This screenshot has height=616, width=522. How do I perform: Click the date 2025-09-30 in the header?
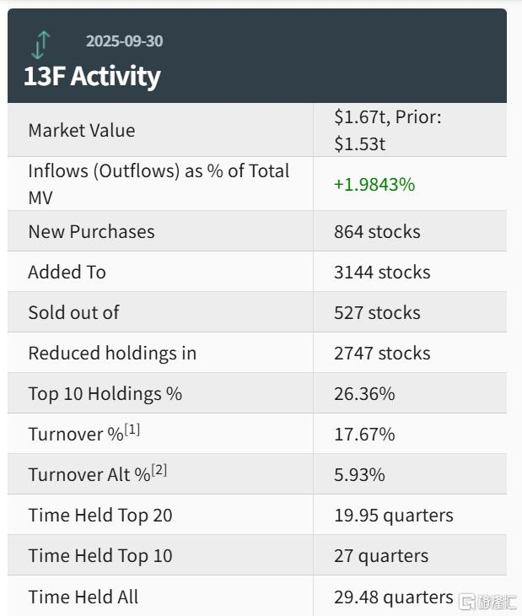pos(125,41)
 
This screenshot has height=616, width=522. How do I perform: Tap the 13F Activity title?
pos(92,76)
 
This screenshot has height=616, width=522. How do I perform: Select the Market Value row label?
pos(81,130)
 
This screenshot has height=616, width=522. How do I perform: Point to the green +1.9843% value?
pos(374,184)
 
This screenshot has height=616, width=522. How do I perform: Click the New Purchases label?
pos(91,231)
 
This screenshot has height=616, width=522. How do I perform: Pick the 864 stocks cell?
pos(377,231)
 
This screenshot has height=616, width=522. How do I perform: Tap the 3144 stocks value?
pos(382,272)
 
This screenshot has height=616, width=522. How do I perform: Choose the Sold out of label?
pos(73,312)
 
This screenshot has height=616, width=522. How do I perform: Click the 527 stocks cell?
pos(377,312)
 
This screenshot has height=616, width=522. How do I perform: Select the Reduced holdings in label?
pos(112,353)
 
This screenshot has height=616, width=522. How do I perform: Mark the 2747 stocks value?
pos(382,353)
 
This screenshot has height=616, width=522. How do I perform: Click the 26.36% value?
pos(364,393)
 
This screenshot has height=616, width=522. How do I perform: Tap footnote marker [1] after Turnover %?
pos(132,430)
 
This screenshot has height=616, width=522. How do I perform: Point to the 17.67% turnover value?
pos(364,434)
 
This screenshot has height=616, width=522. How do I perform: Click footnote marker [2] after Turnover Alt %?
pos(159,470)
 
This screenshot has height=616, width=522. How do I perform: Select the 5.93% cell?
pos(359,474)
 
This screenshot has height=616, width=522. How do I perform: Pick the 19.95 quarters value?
pos(393,515)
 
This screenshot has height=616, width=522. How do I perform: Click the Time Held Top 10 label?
pos(100,555)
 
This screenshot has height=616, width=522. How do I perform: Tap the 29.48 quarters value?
pos(393,597)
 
